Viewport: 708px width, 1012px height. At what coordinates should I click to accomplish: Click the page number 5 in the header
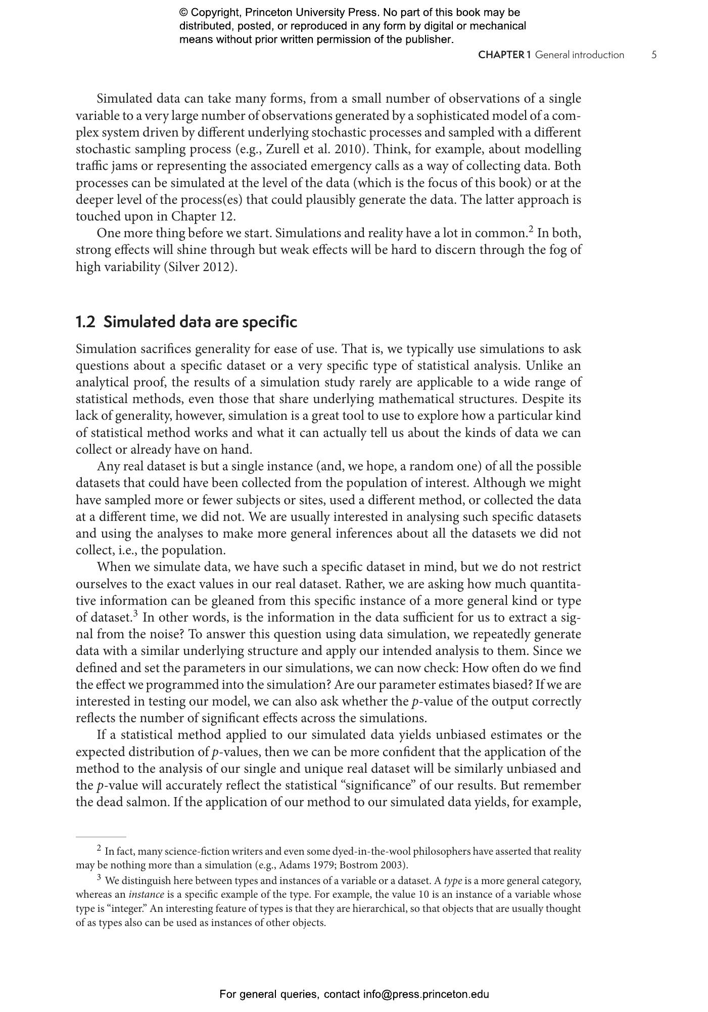point(654,55)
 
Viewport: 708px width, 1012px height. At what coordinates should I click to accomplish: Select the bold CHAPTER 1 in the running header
point(504,55)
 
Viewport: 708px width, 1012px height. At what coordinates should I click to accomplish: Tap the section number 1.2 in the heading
point(85,322)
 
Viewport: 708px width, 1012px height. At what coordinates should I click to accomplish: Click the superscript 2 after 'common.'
point(531,230)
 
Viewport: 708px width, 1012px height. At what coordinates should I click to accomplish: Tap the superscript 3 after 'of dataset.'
point(135,614)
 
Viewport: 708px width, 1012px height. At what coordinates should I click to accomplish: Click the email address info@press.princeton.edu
point(426,994)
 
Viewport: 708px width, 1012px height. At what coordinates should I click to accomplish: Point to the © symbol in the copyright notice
point(183,13)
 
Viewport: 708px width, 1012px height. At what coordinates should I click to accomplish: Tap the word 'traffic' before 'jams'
point(89,166)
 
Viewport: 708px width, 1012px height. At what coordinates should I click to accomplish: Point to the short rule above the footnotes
point(101,837)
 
